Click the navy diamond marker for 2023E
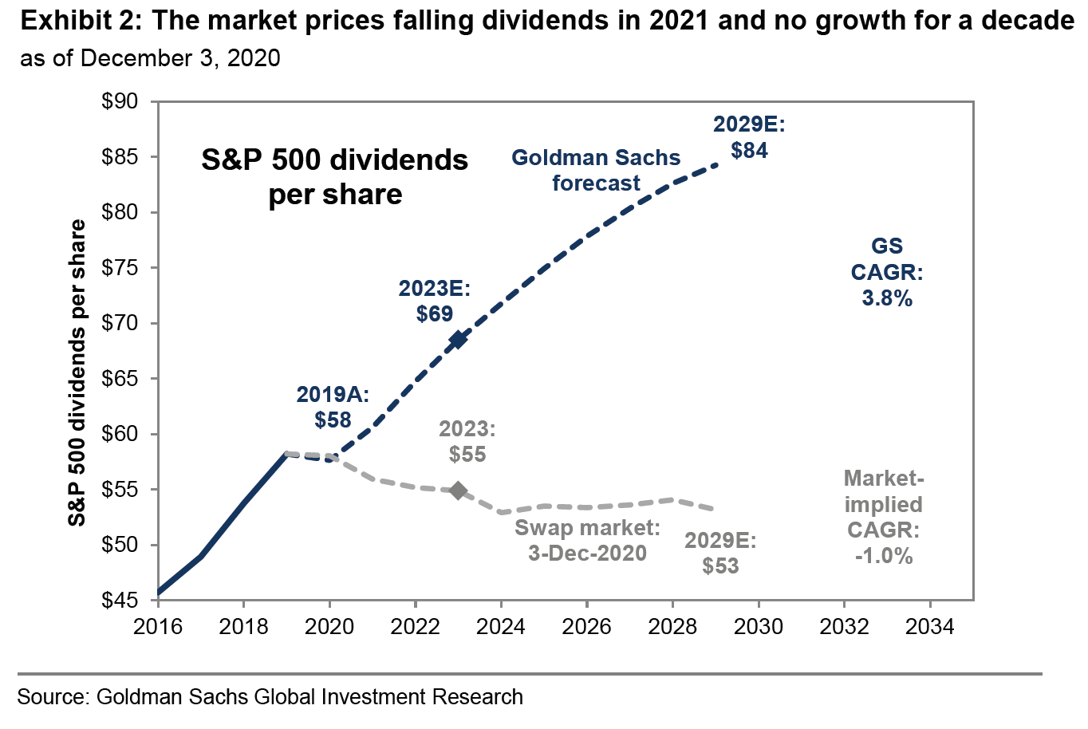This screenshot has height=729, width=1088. tap(458, 340)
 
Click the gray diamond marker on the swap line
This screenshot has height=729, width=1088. tap(458, 491)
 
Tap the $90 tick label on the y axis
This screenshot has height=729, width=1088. tap(120, 102)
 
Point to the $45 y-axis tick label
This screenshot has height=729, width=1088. tap(120, 601)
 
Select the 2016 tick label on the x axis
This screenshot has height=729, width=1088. tap(158, 627)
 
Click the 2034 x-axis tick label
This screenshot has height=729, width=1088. tap(930, 627)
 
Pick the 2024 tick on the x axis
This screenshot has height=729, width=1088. tap(501, 627)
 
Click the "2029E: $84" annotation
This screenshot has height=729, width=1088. tap(750, 137)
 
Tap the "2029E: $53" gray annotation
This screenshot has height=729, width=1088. tap(720, 554)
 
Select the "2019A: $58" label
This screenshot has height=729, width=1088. tap(333, 407)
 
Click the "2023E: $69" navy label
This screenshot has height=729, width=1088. tap(435, 301)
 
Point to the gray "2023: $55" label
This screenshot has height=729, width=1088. tap(467, 442)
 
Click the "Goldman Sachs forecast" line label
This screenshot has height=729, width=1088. tap(596, 170)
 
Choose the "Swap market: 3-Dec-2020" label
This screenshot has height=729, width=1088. tap(588, 540)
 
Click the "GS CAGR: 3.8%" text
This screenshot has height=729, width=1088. tap(887, 272)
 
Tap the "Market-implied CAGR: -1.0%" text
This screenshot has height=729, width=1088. tap(884, 517)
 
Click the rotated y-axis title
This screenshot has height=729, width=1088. tap(77, 373)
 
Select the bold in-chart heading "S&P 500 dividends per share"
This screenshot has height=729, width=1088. tap(335, 176)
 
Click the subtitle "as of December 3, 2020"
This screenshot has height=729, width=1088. tap(150, 58)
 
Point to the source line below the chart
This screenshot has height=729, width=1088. tap(270, 696)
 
